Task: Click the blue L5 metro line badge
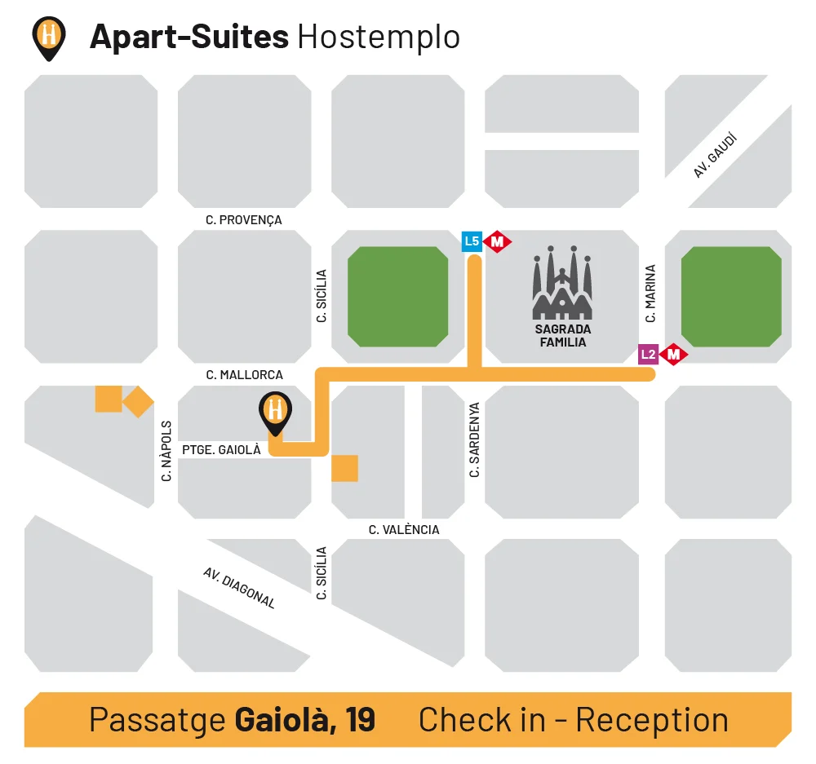[x=472, y=241]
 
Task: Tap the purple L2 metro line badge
[x=648, y=354]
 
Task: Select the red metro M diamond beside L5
[x=497, y=241]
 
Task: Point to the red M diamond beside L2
[x=674, y=354]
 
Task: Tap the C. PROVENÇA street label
[x=244, y=219]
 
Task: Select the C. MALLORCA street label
[x=245, y=375]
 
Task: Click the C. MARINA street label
[x=650, y=294]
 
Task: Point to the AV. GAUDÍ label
[x=716, y=156]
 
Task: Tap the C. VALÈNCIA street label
[x=404, y=530]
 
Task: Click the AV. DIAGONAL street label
[x=239, y=588]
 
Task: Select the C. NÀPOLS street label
[x=166, y=450]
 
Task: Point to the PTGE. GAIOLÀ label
[x=221, y=449]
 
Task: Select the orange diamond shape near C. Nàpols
[x=138, y=400]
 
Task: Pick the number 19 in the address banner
[x=360, y=720]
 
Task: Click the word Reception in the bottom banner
[x=651, y=720]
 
